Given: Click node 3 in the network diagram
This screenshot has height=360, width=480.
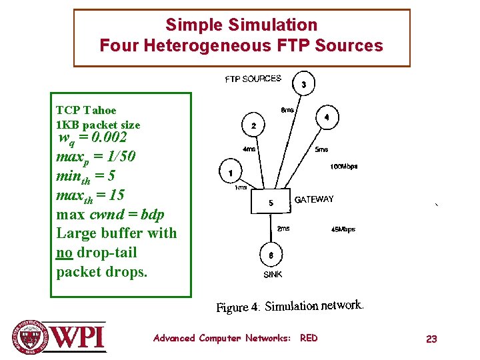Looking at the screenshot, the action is click(x=304, y=85).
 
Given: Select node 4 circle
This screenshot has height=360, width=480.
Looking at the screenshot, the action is click(x=326, y=117).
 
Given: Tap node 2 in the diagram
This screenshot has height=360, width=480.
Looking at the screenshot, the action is click(x=253, y=125).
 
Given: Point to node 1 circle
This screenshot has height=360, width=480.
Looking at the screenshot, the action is click(x=230, y=173).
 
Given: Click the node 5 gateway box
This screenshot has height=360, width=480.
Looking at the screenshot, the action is click(x=271, y=203).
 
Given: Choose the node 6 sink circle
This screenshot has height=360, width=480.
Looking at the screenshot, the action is click(x=271, y=255).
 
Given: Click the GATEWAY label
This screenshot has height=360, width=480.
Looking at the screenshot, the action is click(x=314, y=199).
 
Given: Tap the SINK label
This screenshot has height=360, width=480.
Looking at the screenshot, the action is click(x=272, y=274).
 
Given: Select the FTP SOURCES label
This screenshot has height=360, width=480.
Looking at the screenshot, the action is click(x=253, y=79).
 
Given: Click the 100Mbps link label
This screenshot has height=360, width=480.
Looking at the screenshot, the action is click(x=344, y=167).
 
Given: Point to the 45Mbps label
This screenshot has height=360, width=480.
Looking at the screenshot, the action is click(x=343, y=229).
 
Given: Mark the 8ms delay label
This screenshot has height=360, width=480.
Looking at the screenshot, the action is click(x=287, y=110).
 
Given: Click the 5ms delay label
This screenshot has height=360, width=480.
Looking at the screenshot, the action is click(x=321, y=150).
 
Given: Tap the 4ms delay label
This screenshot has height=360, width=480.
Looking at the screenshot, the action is click(x=248, y=149).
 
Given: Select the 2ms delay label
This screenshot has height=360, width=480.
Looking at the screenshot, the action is click(x=283, y=228).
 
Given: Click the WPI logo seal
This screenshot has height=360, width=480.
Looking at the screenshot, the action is click(x=30, y=337).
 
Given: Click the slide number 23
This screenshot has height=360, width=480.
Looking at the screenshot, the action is click(x=431, y=339).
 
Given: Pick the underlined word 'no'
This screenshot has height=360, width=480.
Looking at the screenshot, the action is click(x=64, y=253).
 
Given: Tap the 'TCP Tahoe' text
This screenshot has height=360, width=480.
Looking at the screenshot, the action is click(x=86, y=110).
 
